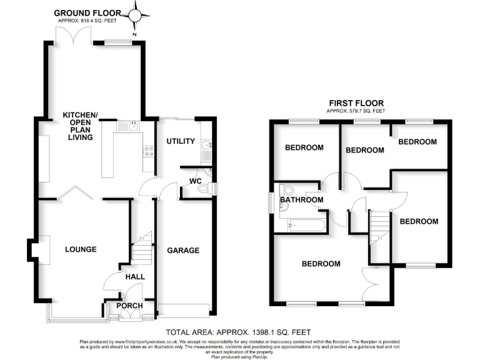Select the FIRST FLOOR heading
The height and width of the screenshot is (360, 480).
(x=356, y=103)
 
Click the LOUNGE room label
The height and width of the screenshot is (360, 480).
(x=81, y=249)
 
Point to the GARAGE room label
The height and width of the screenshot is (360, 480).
(x=183, y=250)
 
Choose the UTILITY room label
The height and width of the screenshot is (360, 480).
(x=181, y=141)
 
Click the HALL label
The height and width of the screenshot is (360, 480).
(x=134, y=276)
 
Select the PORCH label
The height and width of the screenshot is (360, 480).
(x=130, y=306)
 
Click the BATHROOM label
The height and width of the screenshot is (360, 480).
(x=301, y=200)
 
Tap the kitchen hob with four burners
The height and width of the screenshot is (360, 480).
(x=149, y=150)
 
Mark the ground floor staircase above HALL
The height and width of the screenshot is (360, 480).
(x=143, y=250)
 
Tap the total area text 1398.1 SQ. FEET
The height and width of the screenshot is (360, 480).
(x=238, y=332)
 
